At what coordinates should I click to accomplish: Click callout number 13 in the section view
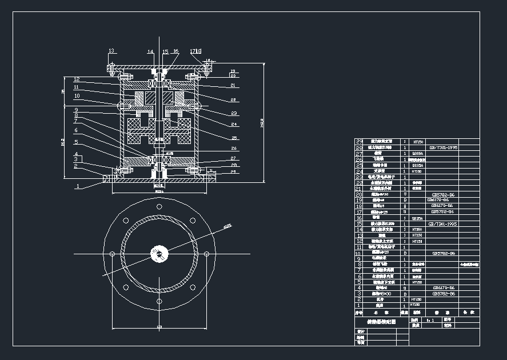(x=111, y=50)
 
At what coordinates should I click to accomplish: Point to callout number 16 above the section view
(x=175, y=51)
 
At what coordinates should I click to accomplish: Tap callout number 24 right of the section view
(x=234, y=124)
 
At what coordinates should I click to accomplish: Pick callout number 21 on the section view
(x=233, y=85)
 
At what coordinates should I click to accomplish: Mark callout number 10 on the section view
(x=77, y=96)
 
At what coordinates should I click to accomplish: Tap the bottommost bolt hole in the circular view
(x=158, y=298)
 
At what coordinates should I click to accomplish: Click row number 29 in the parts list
(x=359, y=141)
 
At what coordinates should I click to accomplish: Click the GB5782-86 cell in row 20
(x=444, y=195)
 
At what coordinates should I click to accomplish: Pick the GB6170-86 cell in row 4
(x=444, y=287)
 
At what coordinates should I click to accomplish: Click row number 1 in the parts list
(x=359, y=306)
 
